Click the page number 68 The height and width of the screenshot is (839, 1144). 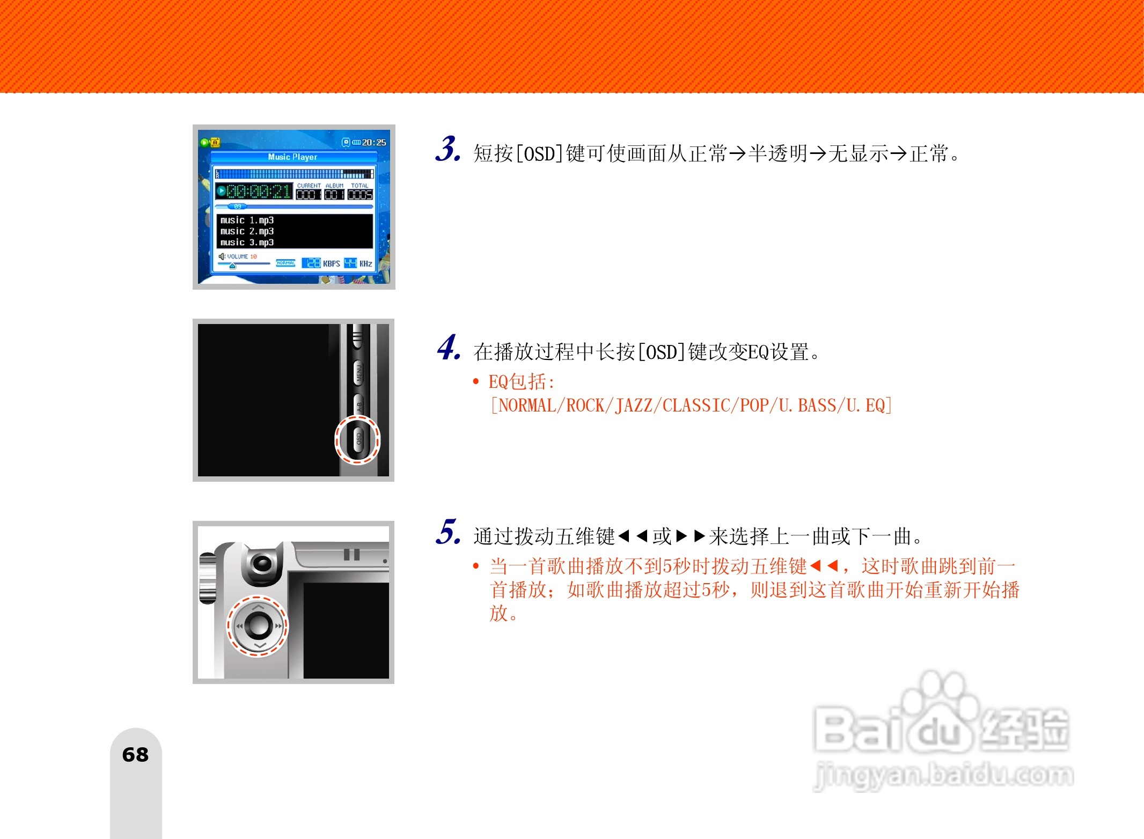point(135,755)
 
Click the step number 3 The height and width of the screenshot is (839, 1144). point(448,149)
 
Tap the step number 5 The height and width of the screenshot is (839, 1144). point(448,532)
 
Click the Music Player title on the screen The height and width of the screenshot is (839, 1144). point(292,157)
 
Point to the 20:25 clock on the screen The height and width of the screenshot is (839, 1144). point(373,142)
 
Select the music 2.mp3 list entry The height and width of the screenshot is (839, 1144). point(247,231)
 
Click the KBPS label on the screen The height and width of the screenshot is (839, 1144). point(331,263)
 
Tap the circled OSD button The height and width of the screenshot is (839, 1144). point(358,439)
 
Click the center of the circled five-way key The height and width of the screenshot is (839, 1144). point(258,625)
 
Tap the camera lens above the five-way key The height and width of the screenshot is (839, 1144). point(262,564)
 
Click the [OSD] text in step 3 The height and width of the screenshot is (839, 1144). point(539,154)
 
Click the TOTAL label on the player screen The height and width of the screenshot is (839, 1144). point(360,186)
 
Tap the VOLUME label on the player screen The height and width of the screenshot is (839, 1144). point(237,256)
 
